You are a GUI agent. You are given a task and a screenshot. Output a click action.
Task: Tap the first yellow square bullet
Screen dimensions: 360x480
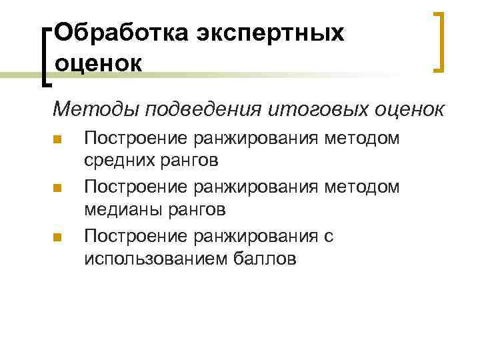coord(57,140)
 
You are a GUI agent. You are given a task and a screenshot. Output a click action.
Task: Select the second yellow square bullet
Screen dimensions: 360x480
coord(57,189)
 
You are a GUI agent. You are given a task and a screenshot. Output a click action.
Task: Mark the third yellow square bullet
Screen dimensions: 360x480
coord(57,237)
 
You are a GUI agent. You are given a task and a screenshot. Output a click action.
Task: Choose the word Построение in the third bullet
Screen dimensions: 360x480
coord(137,237)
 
